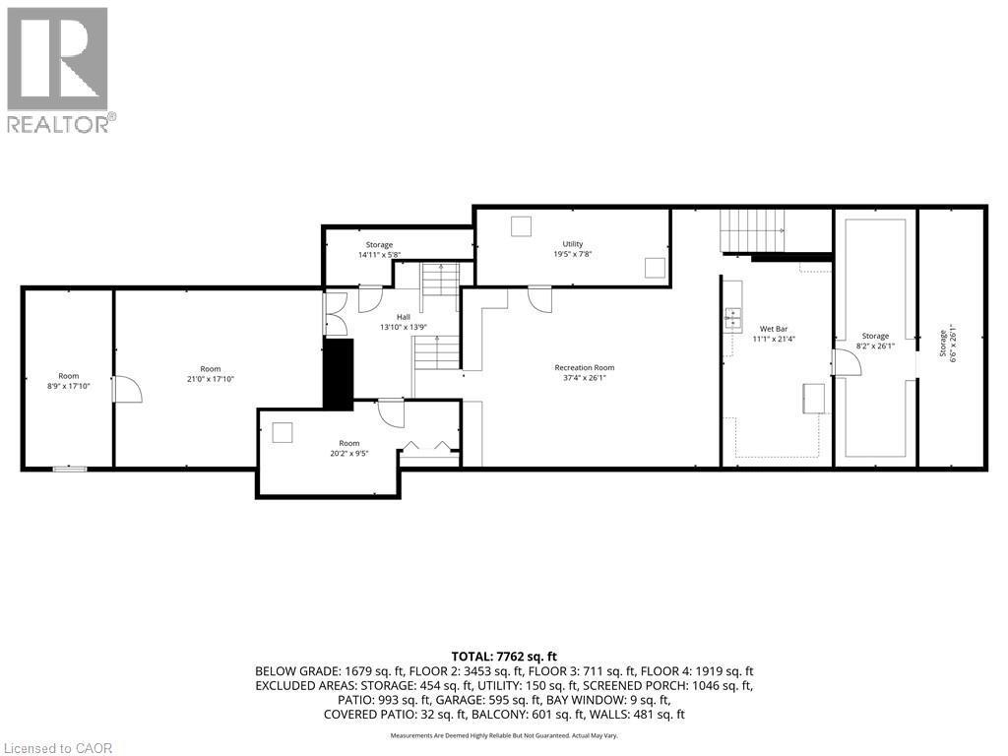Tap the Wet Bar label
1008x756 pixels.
point(772,328)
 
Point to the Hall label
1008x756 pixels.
point(404,317)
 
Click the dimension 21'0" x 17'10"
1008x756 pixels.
point(211,379)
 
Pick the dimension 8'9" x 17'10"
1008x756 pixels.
point(68,387)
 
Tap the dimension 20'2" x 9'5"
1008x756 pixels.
point(349,454)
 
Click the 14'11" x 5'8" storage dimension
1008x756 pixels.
point(379,255)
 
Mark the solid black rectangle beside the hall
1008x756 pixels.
point(339,374)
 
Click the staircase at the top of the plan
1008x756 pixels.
point(755,230)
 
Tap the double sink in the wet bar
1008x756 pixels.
point(733,316)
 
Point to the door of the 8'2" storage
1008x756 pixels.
point(847,361)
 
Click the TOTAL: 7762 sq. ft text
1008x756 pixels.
point(504,656)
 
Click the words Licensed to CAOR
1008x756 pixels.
point(57,747)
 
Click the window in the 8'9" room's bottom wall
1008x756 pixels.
point(69,469)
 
